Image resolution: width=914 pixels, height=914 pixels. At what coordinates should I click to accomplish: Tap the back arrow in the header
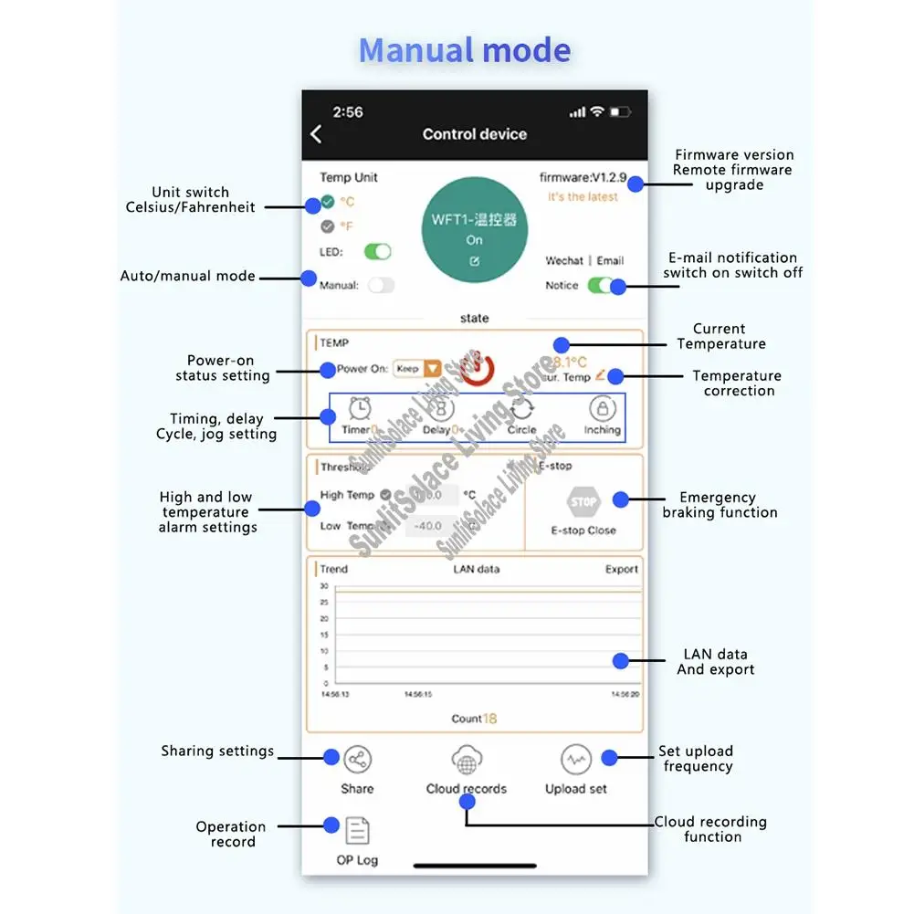[316, 134]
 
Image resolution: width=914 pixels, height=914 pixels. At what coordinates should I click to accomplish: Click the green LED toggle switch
[377, 252]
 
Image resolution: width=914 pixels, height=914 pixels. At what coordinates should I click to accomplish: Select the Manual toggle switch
[381, 285]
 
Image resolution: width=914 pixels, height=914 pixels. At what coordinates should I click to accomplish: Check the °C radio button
[328, 202]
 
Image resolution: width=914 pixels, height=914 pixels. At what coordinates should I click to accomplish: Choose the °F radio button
[328, 226]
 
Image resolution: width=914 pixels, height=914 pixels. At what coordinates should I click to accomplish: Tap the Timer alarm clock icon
[360, 408]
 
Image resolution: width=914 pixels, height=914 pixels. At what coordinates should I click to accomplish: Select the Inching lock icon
[602, 408]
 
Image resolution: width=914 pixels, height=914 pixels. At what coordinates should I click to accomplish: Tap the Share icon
[357, 760]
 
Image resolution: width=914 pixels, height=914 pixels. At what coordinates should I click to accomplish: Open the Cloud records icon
[467, 760]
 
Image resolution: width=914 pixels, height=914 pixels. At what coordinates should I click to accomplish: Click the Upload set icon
[575, 760]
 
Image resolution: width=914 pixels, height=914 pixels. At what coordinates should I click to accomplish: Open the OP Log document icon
[357, 831]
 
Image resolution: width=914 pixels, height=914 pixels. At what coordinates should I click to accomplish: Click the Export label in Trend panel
[622, 569]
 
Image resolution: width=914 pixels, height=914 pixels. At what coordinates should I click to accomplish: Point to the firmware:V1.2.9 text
[583, 178]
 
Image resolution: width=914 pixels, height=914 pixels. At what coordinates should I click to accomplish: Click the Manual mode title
[465, 50]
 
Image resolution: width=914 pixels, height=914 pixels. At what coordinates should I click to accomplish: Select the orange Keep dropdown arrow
[432, 369]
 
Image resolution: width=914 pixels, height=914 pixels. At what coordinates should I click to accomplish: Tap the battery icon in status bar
[620, 112]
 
